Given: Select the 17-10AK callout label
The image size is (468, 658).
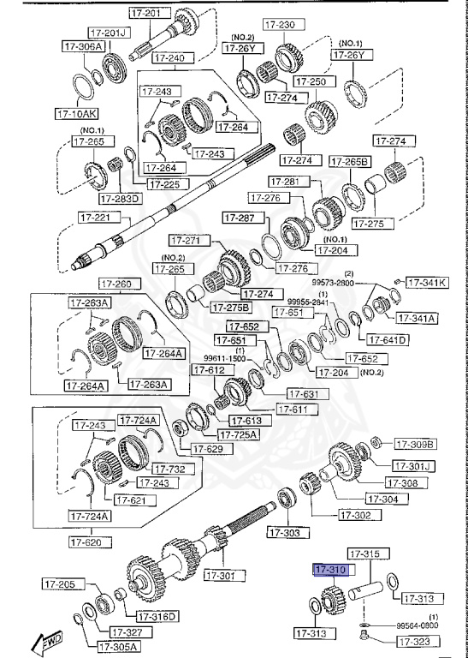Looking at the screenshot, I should click(76, 112).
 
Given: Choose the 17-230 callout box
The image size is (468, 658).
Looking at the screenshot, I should click(280, 25).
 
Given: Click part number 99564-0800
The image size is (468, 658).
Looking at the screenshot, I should click(418, 625).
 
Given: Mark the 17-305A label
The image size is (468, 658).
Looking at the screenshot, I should click(119, 647).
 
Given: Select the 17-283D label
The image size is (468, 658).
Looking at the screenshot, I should click(120, 199).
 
